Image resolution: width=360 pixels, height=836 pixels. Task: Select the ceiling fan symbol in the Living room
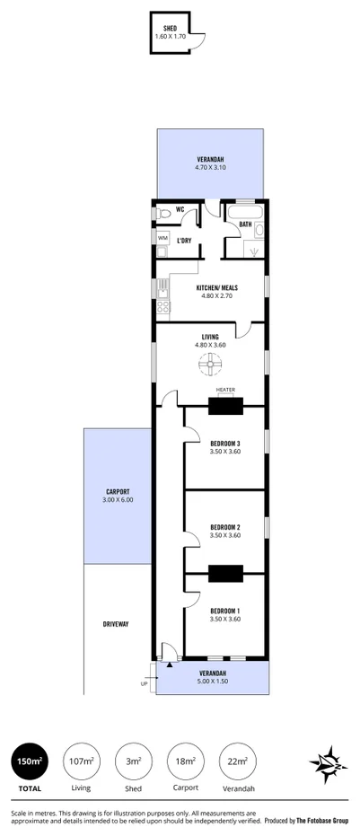[x=209, y=364]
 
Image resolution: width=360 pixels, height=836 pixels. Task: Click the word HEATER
[x=225, y=389]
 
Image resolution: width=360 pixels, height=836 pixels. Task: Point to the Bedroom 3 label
[x=225, y=445]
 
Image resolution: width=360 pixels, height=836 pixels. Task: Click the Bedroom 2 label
[x=225, y=527]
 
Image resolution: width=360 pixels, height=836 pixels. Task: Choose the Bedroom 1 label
[x=225, y=611]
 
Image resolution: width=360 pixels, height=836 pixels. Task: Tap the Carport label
[x=119, y=492]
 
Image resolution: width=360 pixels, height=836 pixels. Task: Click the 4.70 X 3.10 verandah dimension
[x=210, y=167]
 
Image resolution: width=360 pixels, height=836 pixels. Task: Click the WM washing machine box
[x=162, y=238]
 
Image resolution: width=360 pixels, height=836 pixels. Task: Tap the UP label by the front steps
[x=145, y=683]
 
